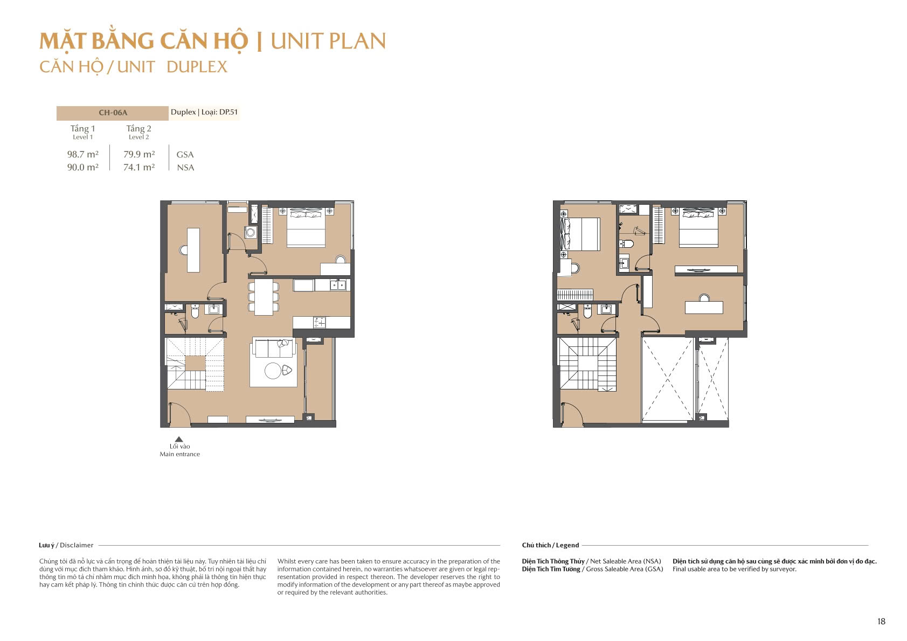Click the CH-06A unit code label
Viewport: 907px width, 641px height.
pyautogui.click(x=113, y=113)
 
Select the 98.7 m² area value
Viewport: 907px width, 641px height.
pyautogui.click(x=82, y=154)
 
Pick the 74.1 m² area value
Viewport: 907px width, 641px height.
pyautogui.click(x=139, y=167)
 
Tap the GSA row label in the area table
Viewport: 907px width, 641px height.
pyautogui.click(x=185, y=155)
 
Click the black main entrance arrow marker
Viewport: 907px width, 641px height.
pyautogui.click(x=179, y=439)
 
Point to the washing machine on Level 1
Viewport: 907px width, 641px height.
pyautogui.click(x=251, y=232)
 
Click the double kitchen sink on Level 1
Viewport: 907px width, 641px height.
pyautogui.click(x=338, y=285)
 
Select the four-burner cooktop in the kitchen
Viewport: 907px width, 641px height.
pyautogui.click(x=319, y=323)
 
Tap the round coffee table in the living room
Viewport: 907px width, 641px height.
pyautogui.click(x=273, y=371)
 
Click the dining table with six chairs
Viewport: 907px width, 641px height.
pyautogui.click(x=264, y=297)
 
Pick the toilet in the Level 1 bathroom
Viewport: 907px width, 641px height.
pyautogui.click(x=195, y=311)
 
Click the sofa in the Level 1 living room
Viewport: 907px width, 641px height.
pyautogui.click(x=273, y=348)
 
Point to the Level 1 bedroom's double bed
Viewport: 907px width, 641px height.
pyautogui.click(x=306, y=227)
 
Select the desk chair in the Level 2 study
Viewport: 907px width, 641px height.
pyautogui.click(x=704, y=298)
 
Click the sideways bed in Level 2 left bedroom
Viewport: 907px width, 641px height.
pyautogui.click(x=580, y=234)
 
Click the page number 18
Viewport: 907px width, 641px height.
pyautogui.click(x=881, y=621)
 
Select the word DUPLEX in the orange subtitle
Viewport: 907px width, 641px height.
pyautogui.click(x=197, y=67)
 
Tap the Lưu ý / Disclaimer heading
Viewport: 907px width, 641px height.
pyautogui.click(x=66, y=545)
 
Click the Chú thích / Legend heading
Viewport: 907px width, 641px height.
pyautogui.click(x=550, y=545)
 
